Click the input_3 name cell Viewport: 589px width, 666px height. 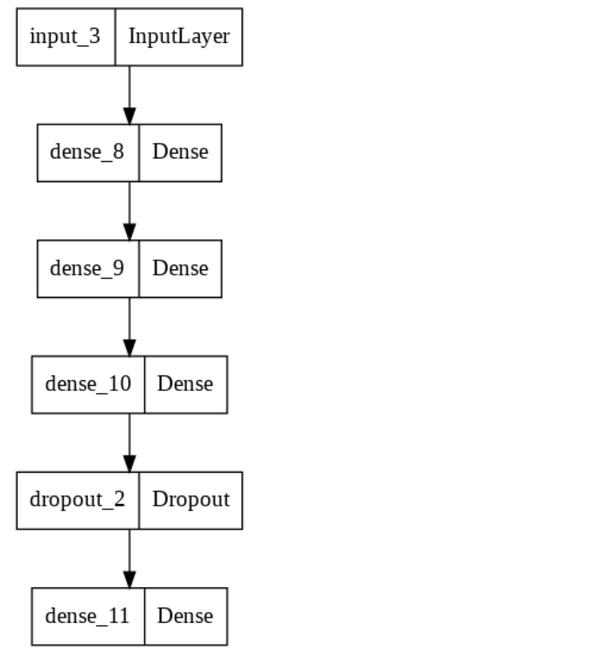[x=66, y=37]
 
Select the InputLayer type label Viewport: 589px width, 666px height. [x=179, y=37]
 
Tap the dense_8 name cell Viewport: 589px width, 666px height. [x=88, y=152]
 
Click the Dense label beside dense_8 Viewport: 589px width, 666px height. [x=180, y=152]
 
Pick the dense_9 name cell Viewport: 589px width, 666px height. [x=88, y=268]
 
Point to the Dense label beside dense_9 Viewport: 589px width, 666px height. [x=180, y=268]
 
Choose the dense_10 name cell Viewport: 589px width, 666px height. [x=88, y=384]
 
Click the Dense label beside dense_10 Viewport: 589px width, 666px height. [x=185, y=384]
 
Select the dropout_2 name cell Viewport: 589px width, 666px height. [x=78, y=500]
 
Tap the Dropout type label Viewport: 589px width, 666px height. [x=190, y=500]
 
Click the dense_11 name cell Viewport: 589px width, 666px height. [x=88, y=616]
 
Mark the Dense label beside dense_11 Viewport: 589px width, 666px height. [x=185, y=616]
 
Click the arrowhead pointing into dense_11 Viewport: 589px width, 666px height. [x=129, y=581]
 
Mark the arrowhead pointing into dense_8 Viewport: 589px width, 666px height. [x=129, y=117]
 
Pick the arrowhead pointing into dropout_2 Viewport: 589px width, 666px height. [x=129, y=464]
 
